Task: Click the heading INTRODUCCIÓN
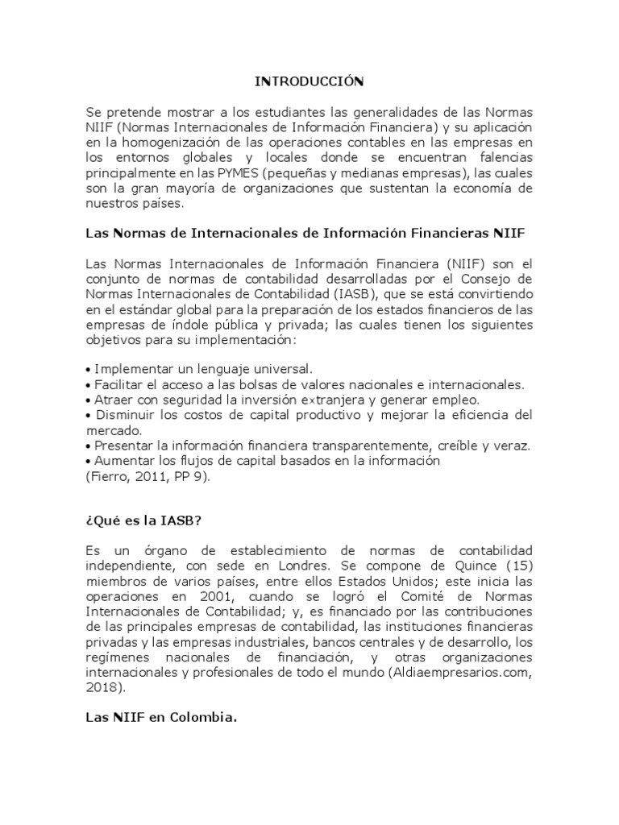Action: (309, 81)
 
